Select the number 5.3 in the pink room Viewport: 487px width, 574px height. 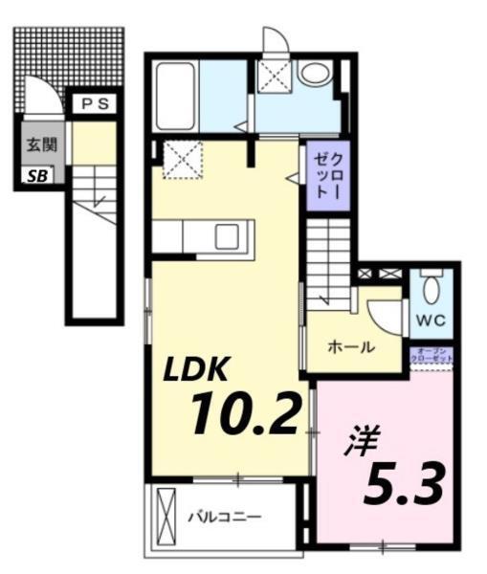tap(403, 485)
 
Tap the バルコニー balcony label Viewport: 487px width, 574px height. tap(224, 518)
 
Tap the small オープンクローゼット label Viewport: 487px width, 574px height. tap(432, 354)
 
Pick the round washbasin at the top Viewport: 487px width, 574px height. tap(312, 71)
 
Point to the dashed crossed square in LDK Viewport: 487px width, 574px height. tap(177, 158)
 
